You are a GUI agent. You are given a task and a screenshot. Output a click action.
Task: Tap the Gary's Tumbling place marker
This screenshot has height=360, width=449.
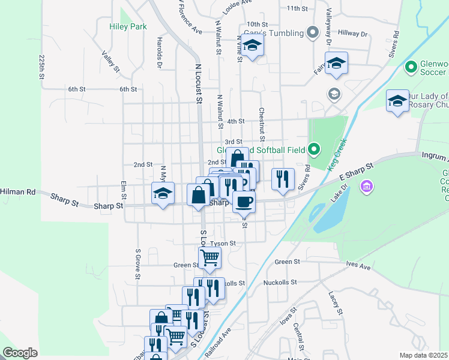click(312, 32)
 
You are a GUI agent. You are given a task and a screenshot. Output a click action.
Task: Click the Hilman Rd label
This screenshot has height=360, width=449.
click(18, 192)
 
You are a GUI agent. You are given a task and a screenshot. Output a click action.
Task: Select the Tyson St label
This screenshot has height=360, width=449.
click(223, 244)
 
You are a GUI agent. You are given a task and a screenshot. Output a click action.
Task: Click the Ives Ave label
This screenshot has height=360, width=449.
click(359, 265)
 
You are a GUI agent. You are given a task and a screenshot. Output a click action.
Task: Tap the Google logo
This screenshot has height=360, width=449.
click(20, 353)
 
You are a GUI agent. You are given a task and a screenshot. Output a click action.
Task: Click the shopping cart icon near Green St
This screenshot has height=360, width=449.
click(209, 258)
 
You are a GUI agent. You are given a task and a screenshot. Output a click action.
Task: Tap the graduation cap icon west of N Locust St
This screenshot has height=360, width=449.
click(163, 193)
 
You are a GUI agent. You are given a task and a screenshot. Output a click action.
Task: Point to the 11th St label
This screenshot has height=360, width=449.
click(297, 8)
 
